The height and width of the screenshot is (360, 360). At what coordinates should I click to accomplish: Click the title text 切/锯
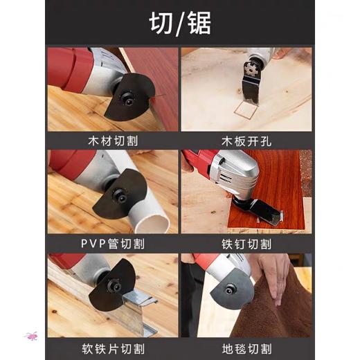click(180, 23)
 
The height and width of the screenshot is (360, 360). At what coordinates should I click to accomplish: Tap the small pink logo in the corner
click(31, 336)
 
